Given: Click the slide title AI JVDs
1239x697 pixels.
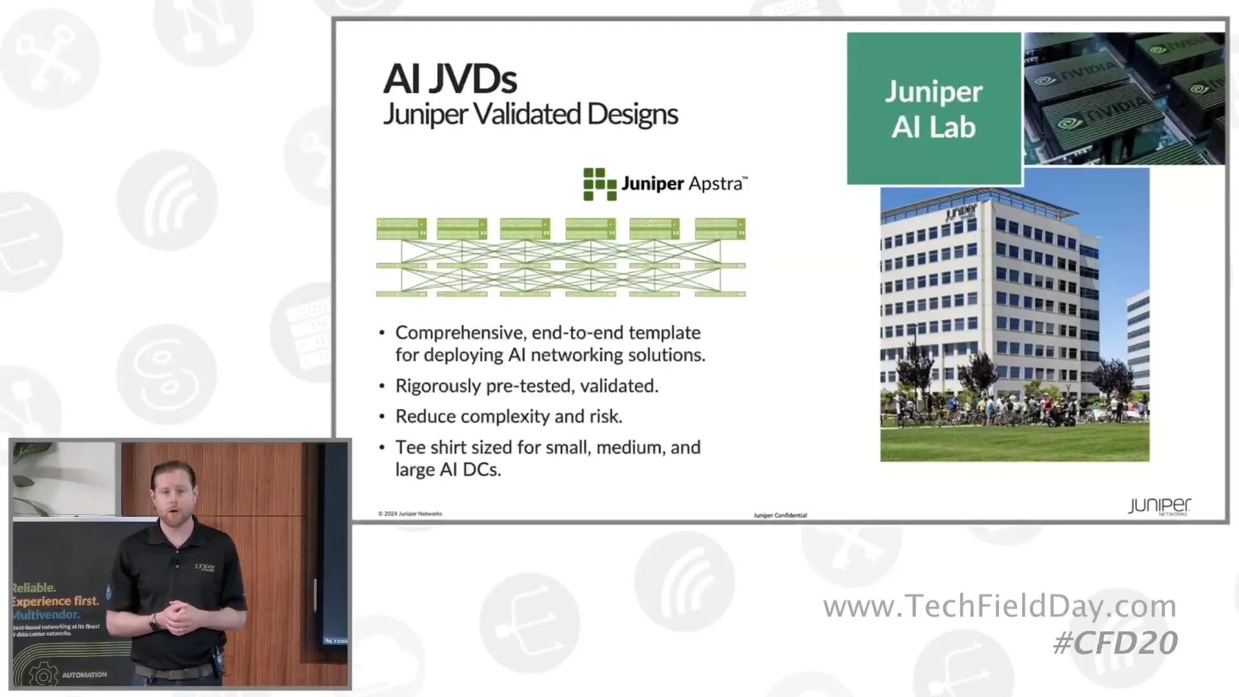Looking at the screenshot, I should point(450,79).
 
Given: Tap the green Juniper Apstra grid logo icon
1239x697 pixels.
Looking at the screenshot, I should point(599,184).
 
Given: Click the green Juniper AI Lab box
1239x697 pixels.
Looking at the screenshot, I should point(933,108).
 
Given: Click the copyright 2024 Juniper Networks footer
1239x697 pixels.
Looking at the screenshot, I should point(410,514).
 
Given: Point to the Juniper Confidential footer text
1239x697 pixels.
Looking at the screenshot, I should point(780,515).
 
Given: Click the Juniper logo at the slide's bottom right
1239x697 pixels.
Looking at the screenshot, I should point(1159,506).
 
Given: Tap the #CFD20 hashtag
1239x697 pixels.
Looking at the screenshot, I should point(1114,643).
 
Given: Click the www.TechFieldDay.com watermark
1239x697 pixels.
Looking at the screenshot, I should point(999,606).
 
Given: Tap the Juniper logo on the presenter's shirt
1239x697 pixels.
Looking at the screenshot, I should point(205,567).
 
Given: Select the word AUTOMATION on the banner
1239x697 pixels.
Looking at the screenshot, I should point(85,675).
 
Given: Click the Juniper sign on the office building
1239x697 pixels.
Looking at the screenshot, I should point(961,212).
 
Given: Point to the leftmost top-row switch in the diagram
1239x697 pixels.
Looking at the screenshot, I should point(401,228).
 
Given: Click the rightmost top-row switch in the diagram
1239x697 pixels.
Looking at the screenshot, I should point(720,228).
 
